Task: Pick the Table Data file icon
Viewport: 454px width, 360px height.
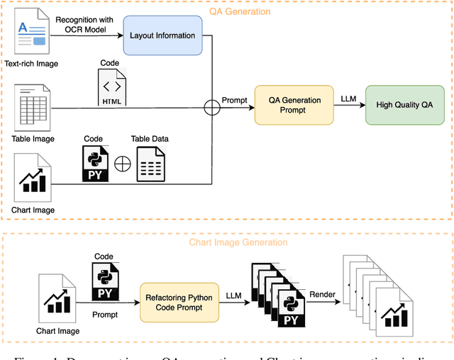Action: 150,164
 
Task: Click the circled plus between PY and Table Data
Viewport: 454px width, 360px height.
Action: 123,164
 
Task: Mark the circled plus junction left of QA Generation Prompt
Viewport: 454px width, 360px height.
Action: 211,108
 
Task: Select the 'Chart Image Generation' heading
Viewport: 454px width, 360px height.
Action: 238,242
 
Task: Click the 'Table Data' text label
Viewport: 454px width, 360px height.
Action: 150,138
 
